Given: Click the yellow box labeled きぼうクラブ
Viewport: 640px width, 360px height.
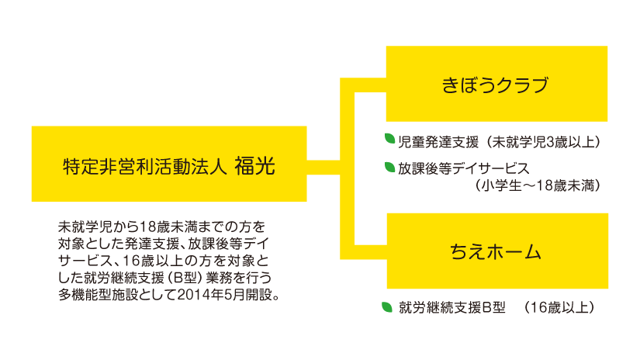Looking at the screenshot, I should point(496,84).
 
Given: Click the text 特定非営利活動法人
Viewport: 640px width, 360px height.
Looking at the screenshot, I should point(144,164).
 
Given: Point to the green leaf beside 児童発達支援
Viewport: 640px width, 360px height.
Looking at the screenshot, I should point(390,139).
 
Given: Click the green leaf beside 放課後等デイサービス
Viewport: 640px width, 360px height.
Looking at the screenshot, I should point(390,165).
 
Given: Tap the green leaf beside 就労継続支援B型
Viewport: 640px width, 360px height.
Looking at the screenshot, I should point(387,306).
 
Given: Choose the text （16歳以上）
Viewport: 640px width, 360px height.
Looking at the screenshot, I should point(558,307).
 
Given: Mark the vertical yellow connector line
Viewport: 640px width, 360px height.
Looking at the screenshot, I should point(348,164).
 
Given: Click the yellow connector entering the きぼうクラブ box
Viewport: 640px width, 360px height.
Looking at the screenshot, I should point(371,84).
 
